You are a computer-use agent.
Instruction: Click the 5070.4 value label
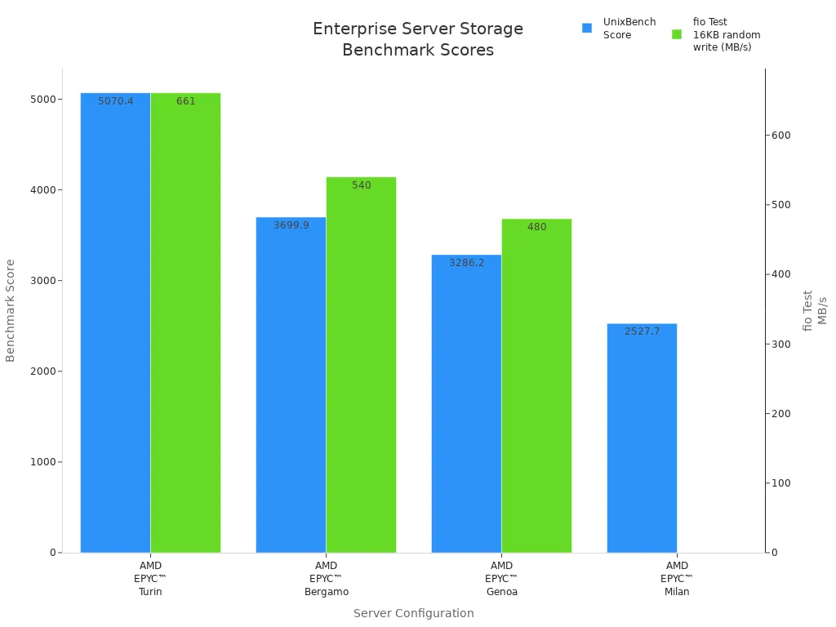tap(116, 101)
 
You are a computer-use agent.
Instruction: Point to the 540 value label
tap(362, 185)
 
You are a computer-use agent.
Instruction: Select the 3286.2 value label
tap(467, 263)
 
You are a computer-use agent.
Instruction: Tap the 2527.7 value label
tap(643, 331)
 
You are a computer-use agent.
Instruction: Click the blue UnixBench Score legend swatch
tap(586, 29)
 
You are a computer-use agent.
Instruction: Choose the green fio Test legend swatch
tap(676, 34)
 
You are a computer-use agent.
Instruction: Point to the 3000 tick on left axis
tap(42, 281)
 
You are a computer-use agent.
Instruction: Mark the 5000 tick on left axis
tap(42, 100)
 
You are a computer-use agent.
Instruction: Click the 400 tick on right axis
tap(781, 274)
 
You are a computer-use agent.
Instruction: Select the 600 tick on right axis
tap(781, 136)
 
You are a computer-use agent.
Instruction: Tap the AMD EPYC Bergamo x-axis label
tap(326, 579)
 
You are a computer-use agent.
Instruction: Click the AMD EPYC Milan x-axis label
tap(677, 579)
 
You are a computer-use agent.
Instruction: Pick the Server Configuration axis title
tap(413, 613)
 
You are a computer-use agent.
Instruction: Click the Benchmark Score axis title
tap(11, 310)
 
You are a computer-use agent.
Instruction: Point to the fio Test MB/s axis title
tap(815, 310)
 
